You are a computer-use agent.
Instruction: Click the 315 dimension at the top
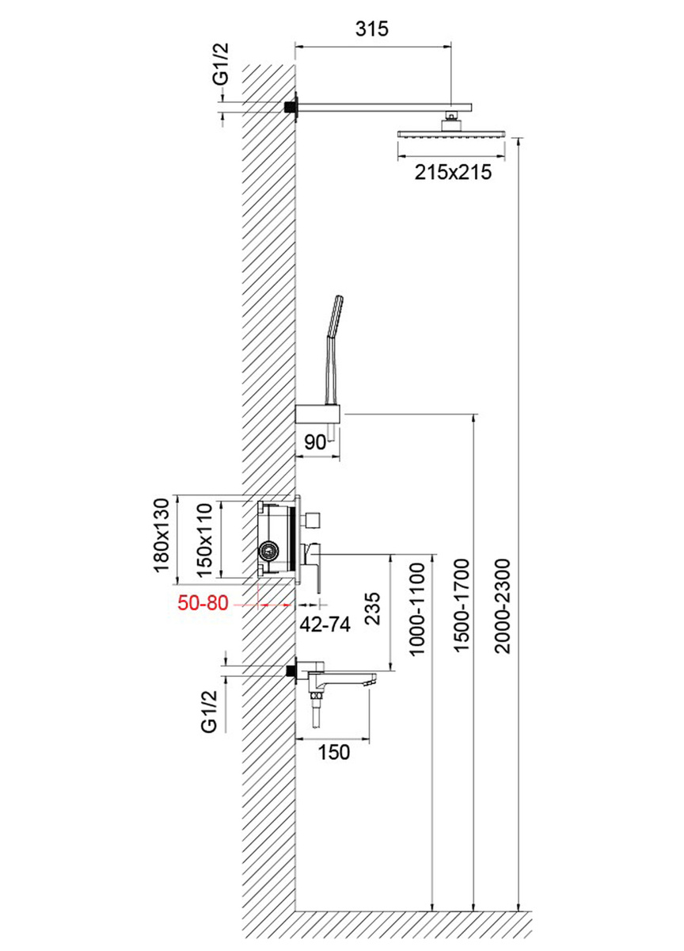(x=372, y=30)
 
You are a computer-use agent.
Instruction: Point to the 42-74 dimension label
(x=325, y=623)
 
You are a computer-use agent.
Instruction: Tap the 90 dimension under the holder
(x=315, y=443)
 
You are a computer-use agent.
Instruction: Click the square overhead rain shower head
(x=452, y=135)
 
